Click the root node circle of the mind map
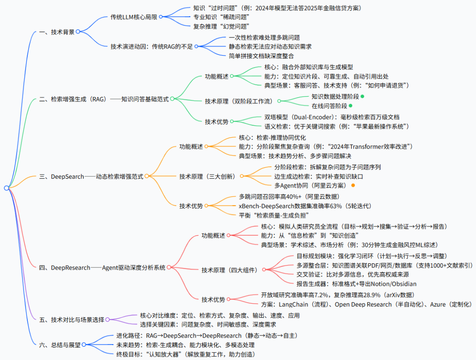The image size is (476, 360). [x=6, y=188]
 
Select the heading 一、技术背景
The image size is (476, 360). [x=57, y=31]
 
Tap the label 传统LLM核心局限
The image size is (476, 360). [x=134, y=17]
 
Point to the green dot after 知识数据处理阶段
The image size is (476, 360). [x=362, y=96]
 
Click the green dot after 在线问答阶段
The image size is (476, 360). [x=350, y=105]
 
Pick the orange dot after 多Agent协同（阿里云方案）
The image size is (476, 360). [x=353, y=185]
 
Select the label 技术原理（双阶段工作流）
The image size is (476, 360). [x=240, y=101]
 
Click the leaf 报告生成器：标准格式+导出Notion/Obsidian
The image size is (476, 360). [x=357, y=284]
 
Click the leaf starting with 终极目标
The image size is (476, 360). [x=186, y=354]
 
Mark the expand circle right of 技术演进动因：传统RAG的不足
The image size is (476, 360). [x=197, y=46]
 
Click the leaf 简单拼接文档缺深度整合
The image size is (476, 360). [x=261, y=56]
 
